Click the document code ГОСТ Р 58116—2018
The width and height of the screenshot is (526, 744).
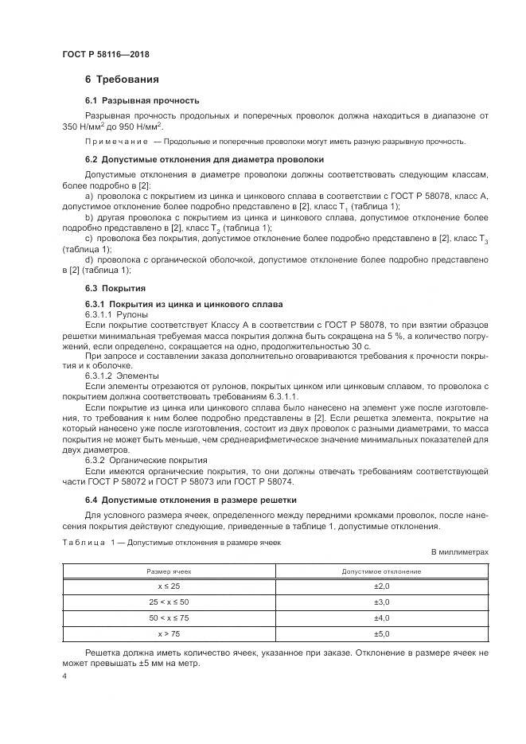click(x=105, y=55)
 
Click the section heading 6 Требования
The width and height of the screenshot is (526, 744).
click(x=122, y=80)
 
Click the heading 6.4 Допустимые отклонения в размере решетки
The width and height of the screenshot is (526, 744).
click(x=190, y=500)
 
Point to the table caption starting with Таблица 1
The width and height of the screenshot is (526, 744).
click(x=171, y=541)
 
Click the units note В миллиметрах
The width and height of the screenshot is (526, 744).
click(x=459, y=551)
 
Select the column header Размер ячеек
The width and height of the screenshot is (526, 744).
click(x=169, y=571)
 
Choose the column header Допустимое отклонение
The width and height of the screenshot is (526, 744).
click(x=381, y=571)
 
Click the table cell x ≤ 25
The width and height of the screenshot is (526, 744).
click(x=169, y=586)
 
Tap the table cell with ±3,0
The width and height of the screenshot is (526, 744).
click(x=381, y=602)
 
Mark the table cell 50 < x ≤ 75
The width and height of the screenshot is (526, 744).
click(x=169, y=617)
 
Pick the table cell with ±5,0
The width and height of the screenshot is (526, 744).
click(x=381, y=633)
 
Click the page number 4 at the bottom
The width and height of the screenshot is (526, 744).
click(x=64, y=677)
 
